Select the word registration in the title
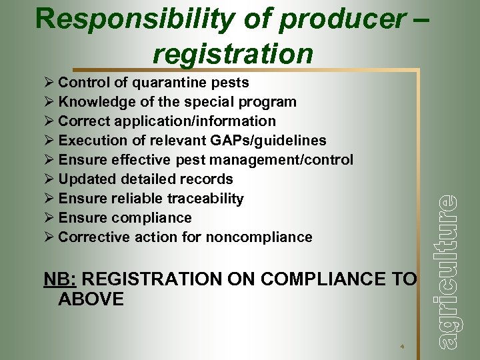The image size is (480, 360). tap(233, 53)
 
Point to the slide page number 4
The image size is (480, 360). tap(402, 347)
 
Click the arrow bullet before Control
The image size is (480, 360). tap(48, 83)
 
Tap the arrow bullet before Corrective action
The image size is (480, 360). tap(48, 238)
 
